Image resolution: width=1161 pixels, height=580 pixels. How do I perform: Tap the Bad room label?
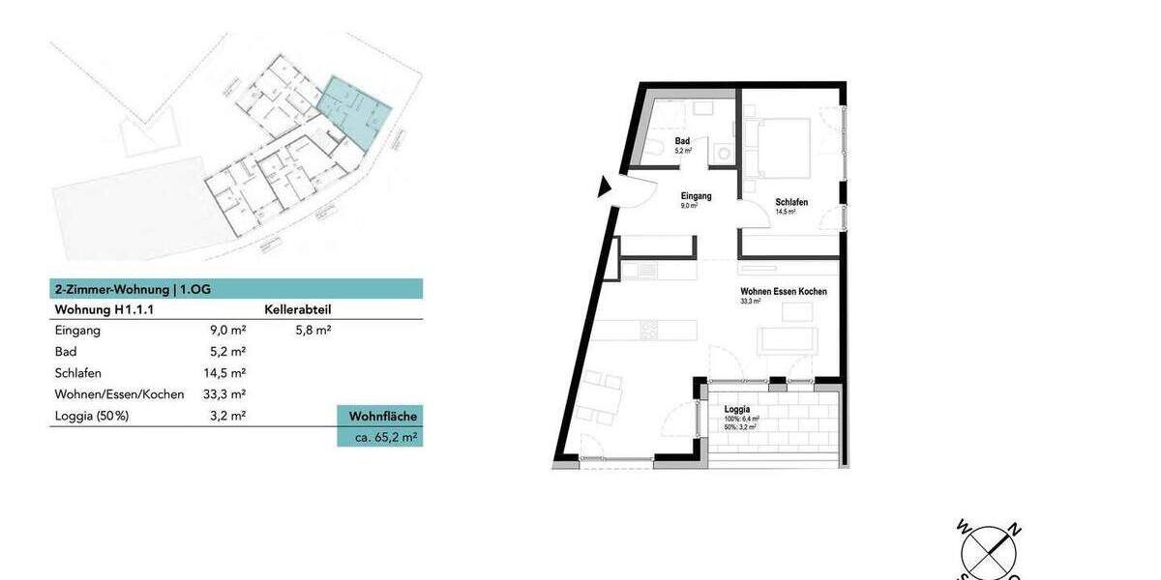(x=682, y=142)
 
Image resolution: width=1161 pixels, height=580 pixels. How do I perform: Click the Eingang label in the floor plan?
(x=696, y=196)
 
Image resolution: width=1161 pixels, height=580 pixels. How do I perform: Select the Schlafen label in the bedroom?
(x=791, y=202)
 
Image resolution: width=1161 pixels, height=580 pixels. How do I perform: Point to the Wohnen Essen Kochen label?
(x=783, y=291)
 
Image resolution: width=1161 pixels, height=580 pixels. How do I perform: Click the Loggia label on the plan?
(x=737, y=409)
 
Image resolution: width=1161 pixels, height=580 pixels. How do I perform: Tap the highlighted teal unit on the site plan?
(x=355, y=110)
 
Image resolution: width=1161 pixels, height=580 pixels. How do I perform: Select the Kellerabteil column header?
(x=297, y=310)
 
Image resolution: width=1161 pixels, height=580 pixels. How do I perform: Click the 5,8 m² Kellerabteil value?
(x=313, y=331)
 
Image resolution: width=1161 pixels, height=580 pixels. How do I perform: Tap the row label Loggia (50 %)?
(x=92, y=416)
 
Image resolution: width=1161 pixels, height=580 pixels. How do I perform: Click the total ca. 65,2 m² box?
(x=379, y=437)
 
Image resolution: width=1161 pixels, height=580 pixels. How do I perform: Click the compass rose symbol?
(x=988, y=552)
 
